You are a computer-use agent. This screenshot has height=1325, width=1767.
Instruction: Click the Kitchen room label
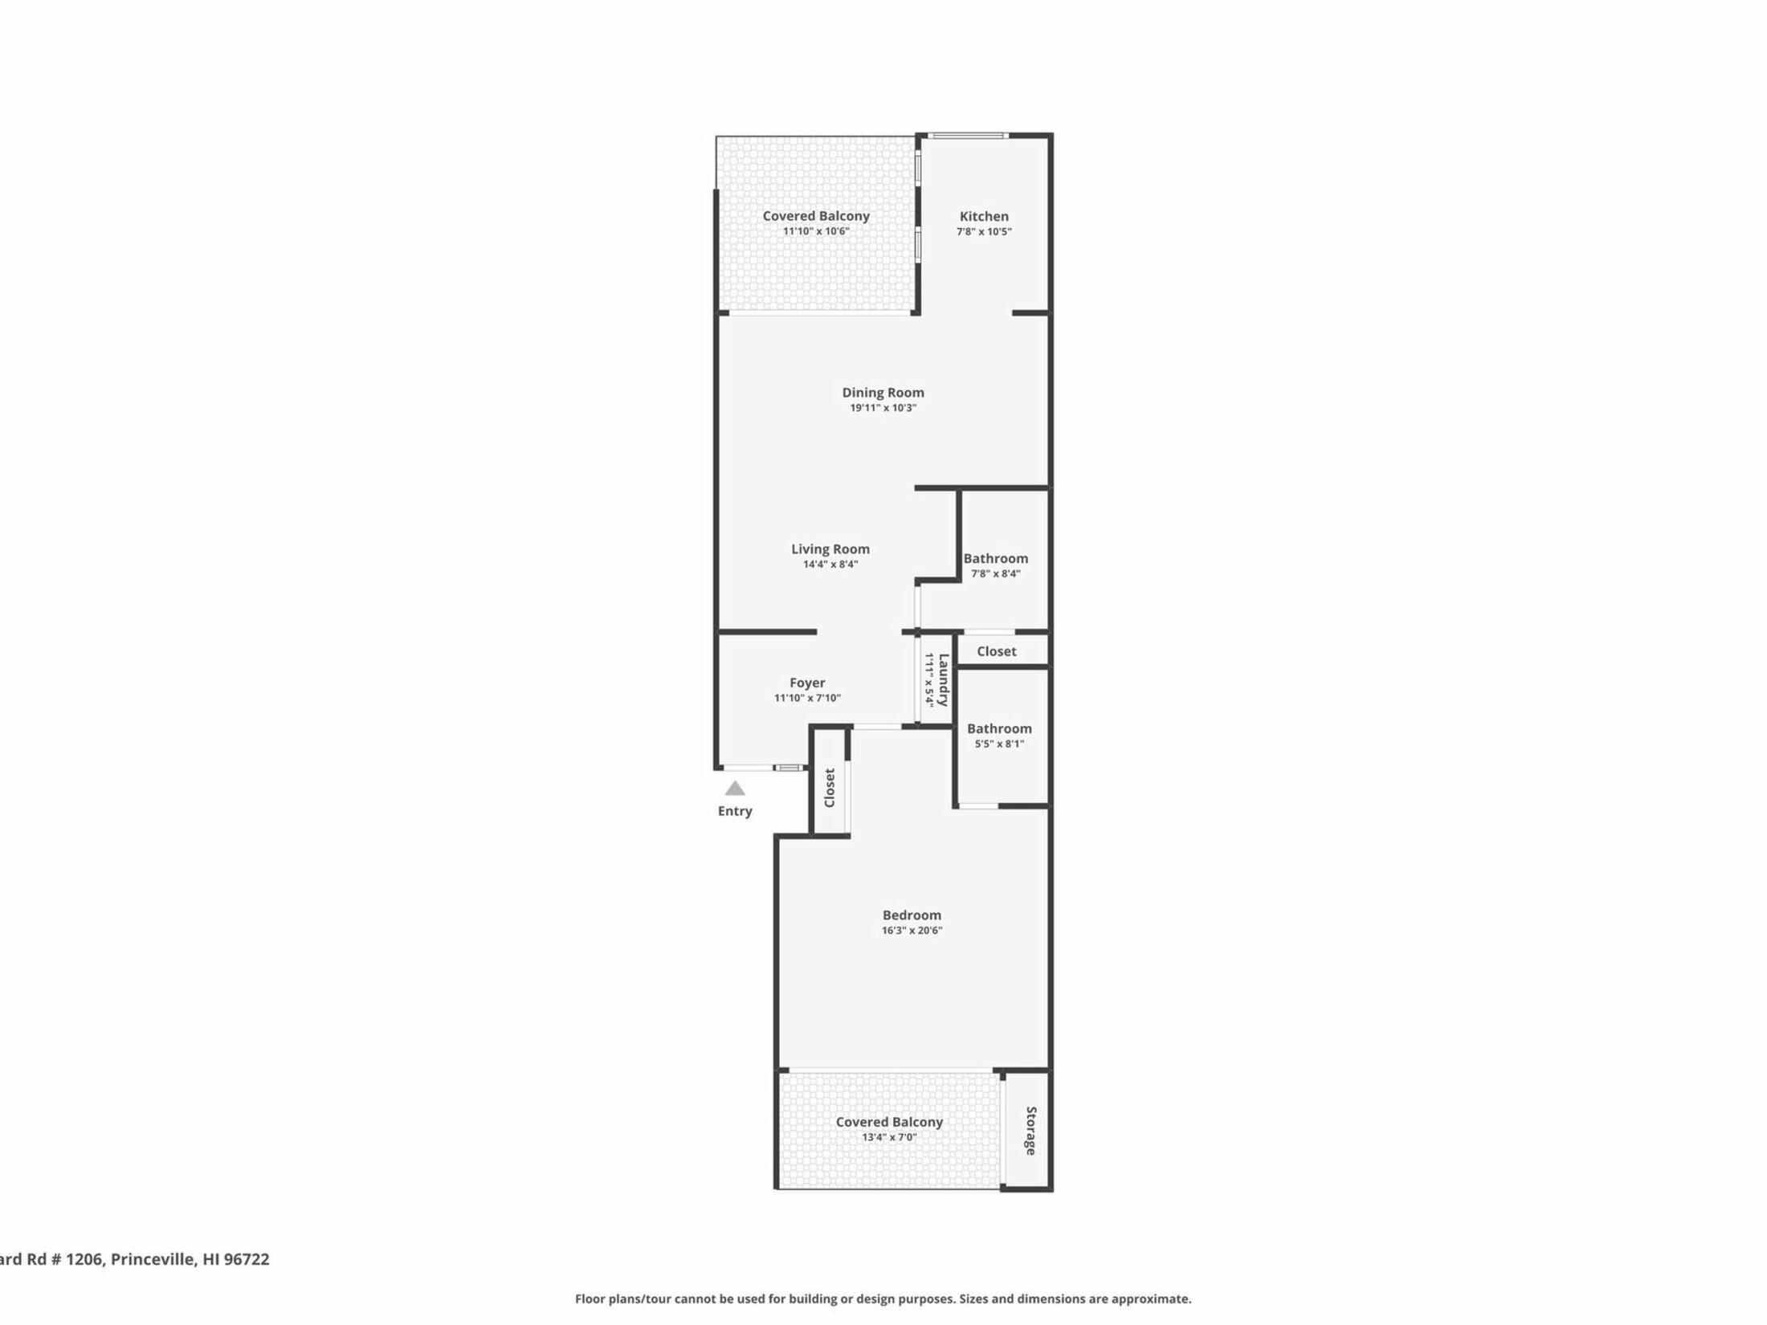(x=984, y=216)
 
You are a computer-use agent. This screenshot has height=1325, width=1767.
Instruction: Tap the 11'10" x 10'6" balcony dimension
(x=816, y=231)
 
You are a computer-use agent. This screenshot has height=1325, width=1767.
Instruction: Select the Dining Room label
(x=883, y=393)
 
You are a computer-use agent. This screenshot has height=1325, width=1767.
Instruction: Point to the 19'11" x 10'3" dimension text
(x=883, y=408)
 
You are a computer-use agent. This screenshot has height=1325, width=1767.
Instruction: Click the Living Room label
(x=830, y=549)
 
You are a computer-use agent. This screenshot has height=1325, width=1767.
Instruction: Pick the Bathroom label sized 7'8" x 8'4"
(x=995, y=559)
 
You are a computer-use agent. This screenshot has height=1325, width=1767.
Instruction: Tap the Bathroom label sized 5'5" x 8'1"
(x=999, y=729)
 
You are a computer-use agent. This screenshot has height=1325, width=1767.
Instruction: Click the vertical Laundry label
(x=944, y=679)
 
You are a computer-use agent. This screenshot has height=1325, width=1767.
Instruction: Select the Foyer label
(x=807, y=683)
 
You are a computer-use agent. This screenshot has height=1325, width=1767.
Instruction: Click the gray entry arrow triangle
(x=735, y=789)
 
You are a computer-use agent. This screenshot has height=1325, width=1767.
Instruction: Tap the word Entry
(x=735, y=811)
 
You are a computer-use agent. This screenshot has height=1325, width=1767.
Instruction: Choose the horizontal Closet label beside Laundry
(x=997, y=652)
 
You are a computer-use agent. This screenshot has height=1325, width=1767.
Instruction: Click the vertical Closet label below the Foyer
(x=830, y=788)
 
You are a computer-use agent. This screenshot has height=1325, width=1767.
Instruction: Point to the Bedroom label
(x=912, y=915)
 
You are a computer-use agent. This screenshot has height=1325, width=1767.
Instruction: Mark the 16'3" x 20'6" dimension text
(x=912, y=931)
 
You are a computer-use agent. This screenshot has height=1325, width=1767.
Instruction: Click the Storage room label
(x=1031, y=1131)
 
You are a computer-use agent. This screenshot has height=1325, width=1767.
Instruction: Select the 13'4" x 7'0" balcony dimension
(x=889, y=1138)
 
